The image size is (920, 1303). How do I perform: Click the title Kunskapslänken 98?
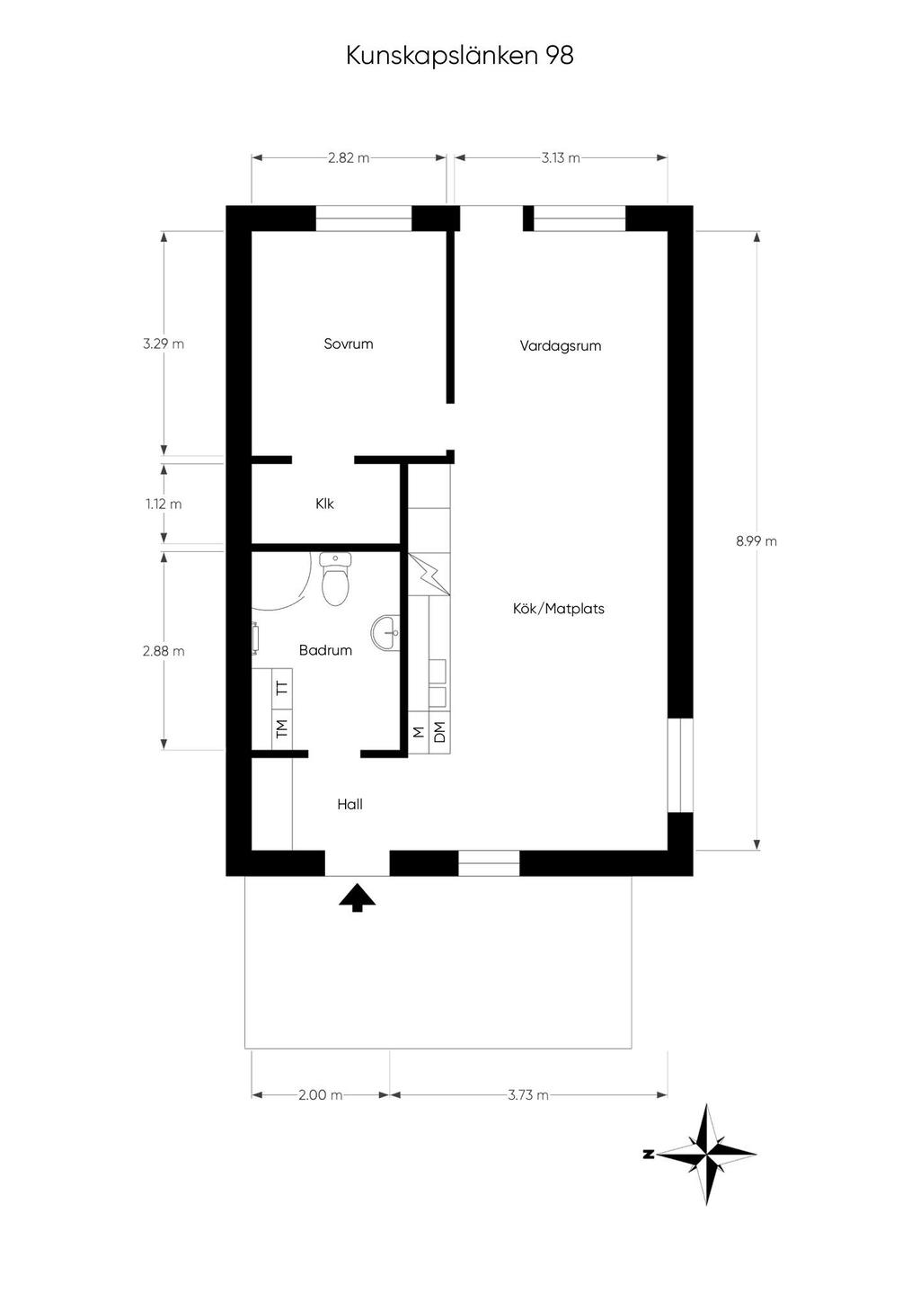tap(460, 57)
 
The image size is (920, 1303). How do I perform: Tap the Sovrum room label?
tap(348, 344)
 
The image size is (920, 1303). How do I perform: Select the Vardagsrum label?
tap(561, 346)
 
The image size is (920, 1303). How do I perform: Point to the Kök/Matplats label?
tap(559, 609)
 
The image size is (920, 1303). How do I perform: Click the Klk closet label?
tap(325, 504)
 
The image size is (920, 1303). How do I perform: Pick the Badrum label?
tap(325, 650)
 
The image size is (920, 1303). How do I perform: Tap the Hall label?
tap(349, 805)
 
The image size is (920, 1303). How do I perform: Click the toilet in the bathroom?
tap(335, 579)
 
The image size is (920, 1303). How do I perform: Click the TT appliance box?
tap(282, 690)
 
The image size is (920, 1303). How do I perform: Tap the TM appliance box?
tap(282, 729)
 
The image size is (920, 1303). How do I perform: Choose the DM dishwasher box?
tap(439, 732)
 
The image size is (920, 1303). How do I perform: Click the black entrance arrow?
tap(358, 897)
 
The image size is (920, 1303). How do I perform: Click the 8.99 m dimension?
tap(756, 541)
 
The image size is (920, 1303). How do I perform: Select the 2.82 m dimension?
tap(349, 157)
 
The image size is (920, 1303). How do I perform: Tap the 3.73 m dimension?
tap(528, 1094)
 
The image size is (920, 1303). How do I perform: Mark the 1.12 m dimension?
tap(164, 504)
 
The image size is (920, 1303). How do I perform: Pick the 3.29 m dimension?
tap(164, 344)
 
